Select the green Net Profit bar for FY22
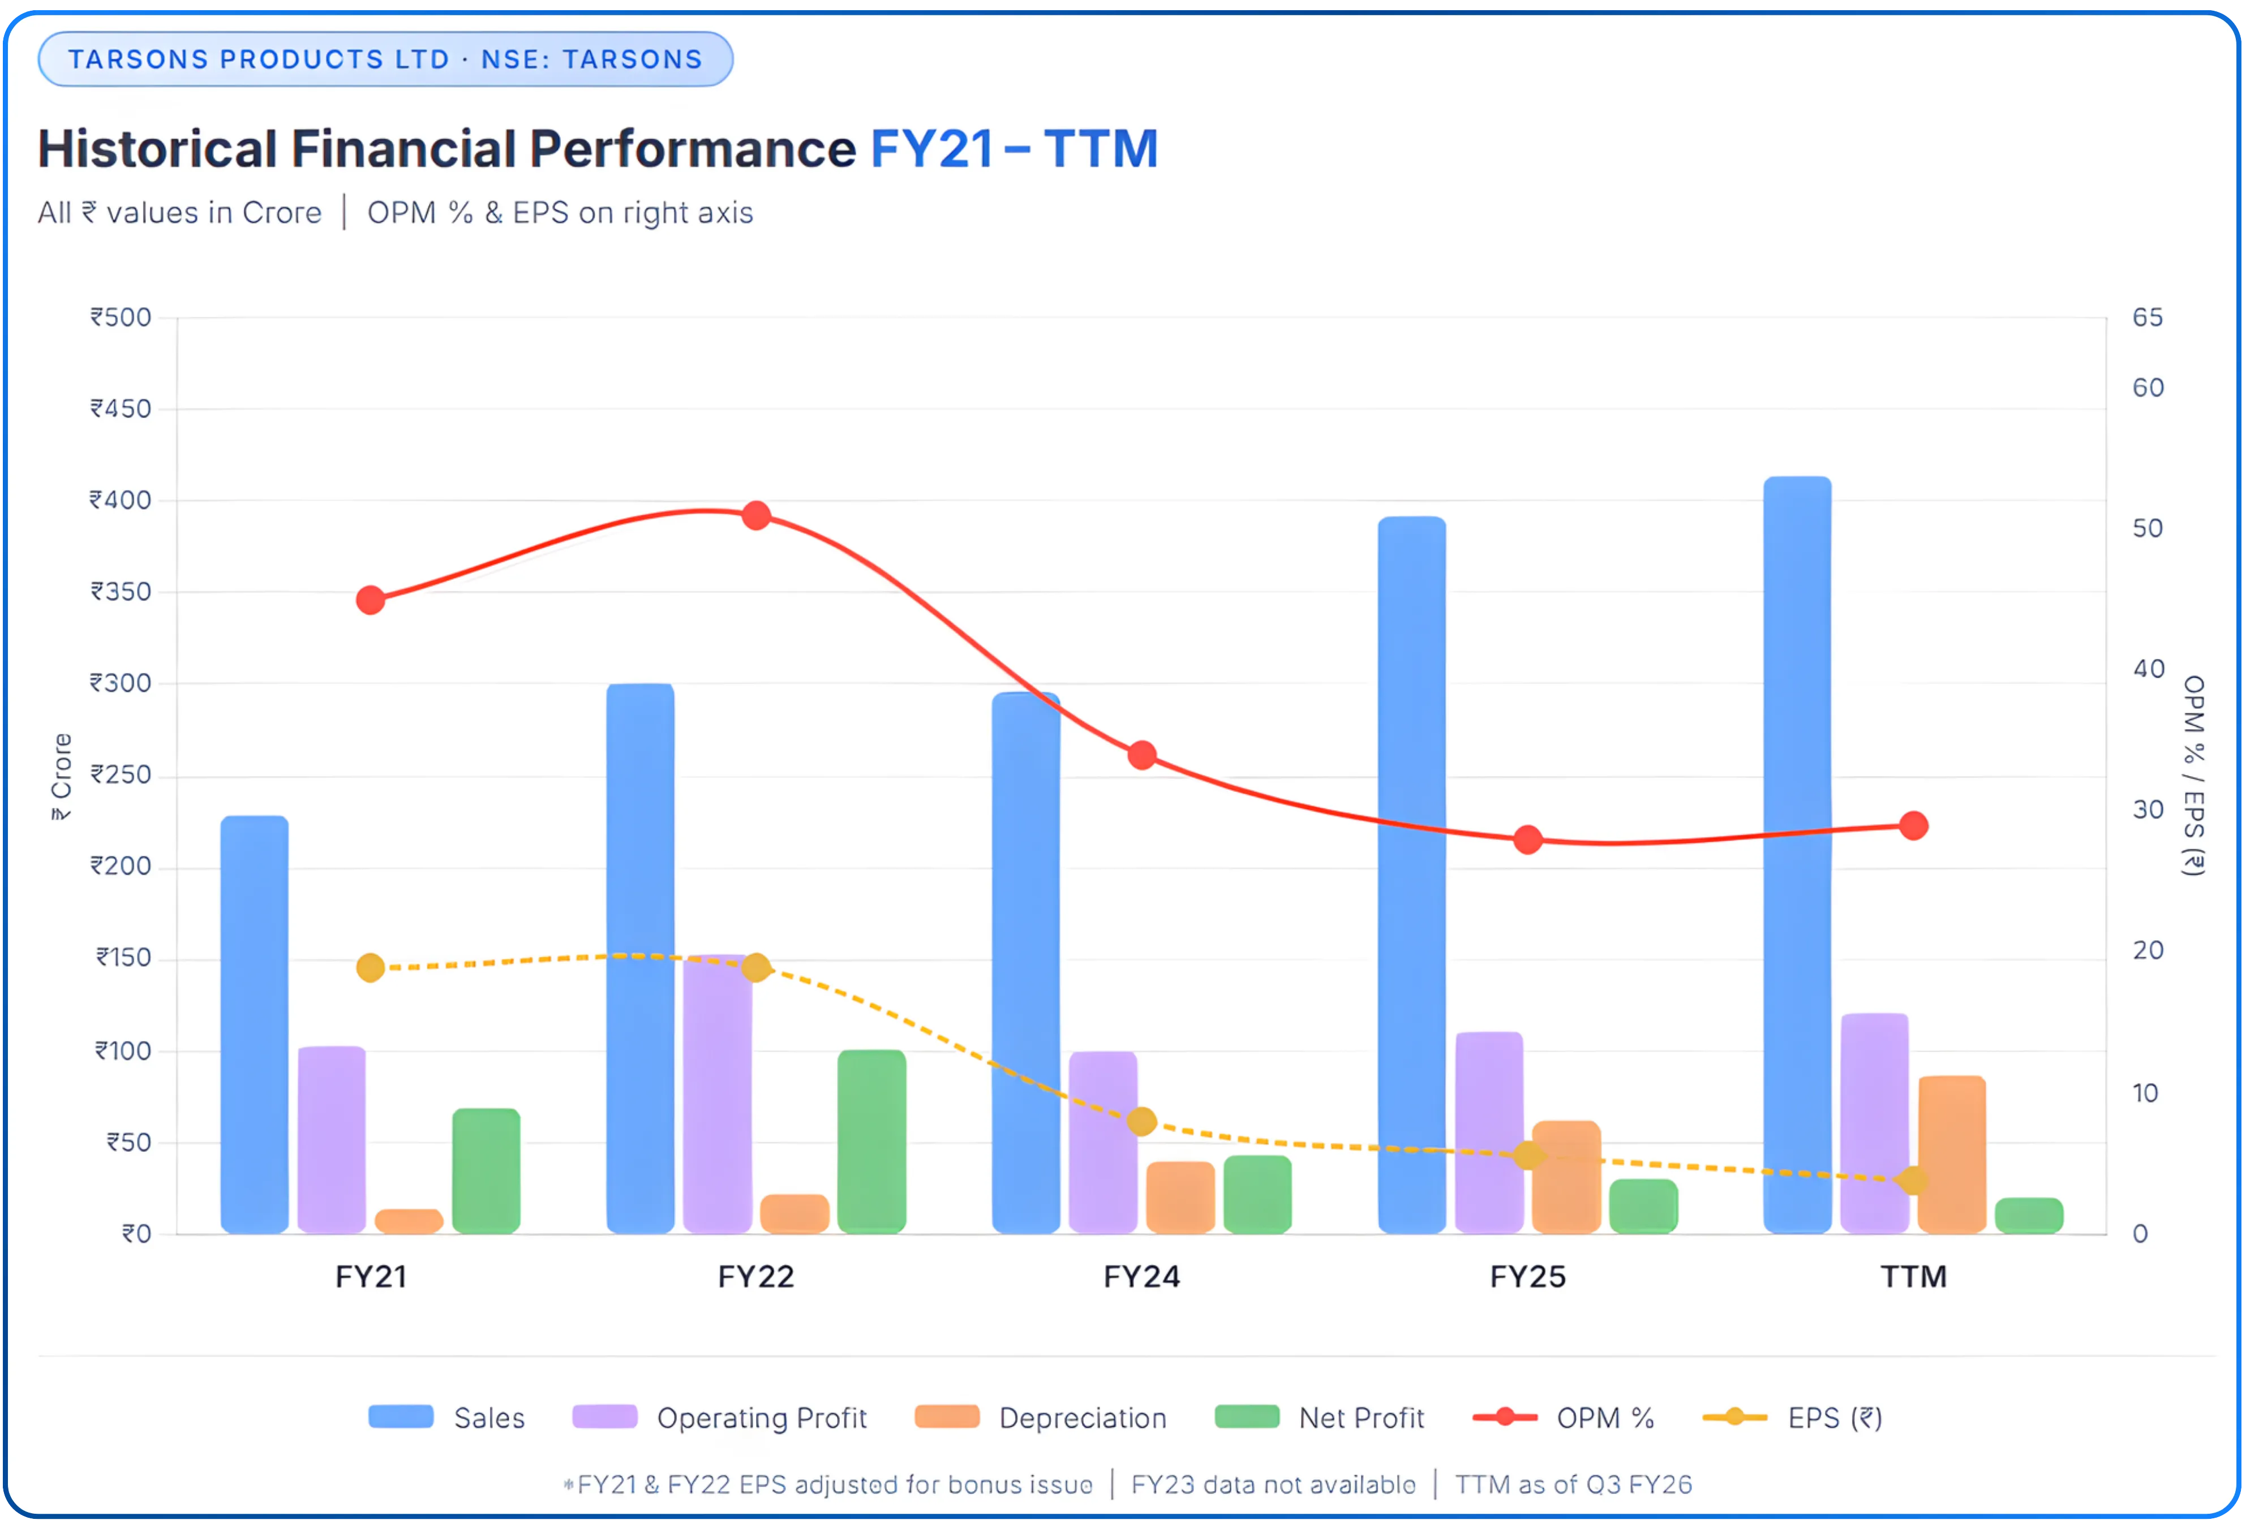(x=871, y=1142)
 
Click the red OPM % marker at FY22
(x=756, y=516)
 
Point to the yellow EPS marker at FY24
(x=1143, y=1122)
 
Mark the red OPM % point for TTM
(x=1913, y=825)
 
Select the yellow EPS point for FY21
(x=371, y=968)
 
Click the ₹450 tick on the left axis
(x=121, y=408)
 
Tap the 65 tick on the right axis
(x=2148, y=317)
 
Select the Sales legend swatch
(x=401, y=1417)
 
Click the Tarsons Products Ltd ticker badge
(x=385, y=59)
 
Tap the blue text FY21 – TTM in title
(x=1014, y=149)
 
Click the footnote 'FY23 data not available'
(x=1273, y=1484)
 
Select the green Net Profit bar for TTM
(x=2029, y=1216)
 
